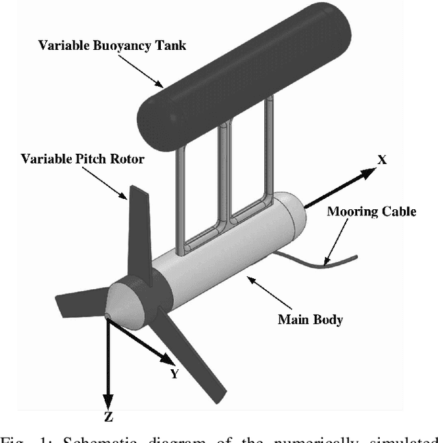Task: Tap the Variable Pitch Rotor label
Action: pos(83,159)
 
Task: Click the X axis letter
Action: pos(383,159)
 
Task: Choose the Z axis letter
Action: pos(108,416)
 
